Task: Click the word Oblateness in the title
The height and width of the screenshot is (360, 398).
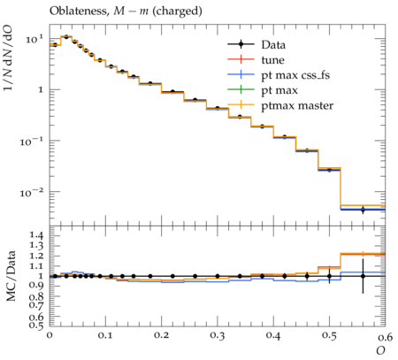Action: (x=78, y=11)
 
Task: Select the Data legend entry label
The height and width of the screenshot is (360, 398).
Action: (x=273, y=45)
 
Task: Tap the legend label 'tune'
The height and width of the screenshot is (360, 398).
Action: (x=272, y=60)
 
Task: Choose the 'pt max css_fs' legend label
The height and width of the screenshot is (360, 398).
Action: (x=295, y=75)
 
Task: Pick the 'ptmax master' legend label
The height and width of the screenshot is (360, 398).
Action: (x=297, y=106)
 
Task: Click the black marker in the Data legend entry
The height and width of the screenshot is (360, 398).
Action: (x=241, y=44)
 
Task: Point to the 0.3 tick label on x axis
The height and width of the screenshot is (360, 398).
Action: (x=218, y=336)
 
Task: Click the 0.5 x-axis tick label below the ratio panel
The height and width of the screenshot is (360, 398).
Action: (x=329, y=336)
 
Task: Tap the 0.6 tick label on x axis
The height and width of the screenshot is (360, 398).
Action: (x=385, y=336)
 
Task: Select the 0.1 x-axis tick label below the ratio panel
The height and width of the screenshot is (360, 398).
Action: (x=105, y=336)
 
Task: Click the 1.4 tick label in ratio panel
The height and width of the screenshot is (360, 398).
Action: (x=36, y=235)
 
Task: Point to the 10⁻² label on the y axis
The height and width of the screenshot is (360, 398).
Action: (x=32, y=193)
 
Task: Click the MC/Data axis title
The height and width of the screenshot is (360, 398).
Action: (x=11, y=276)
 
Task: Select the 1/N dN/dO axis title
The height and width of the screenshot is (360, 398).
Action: (x=8, y=57)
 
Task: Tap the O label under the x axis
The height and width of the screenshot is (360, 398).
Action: (x=380, y=351)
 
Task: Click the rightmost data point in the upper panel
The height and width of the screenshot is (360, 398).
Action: (x=363, y=210)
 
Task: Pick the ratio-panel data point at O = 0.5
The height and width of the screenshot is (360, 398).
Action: (x=329, y=276)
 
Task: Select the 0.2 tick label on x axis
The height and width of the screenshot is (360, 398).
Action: (x=161, y=336)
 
